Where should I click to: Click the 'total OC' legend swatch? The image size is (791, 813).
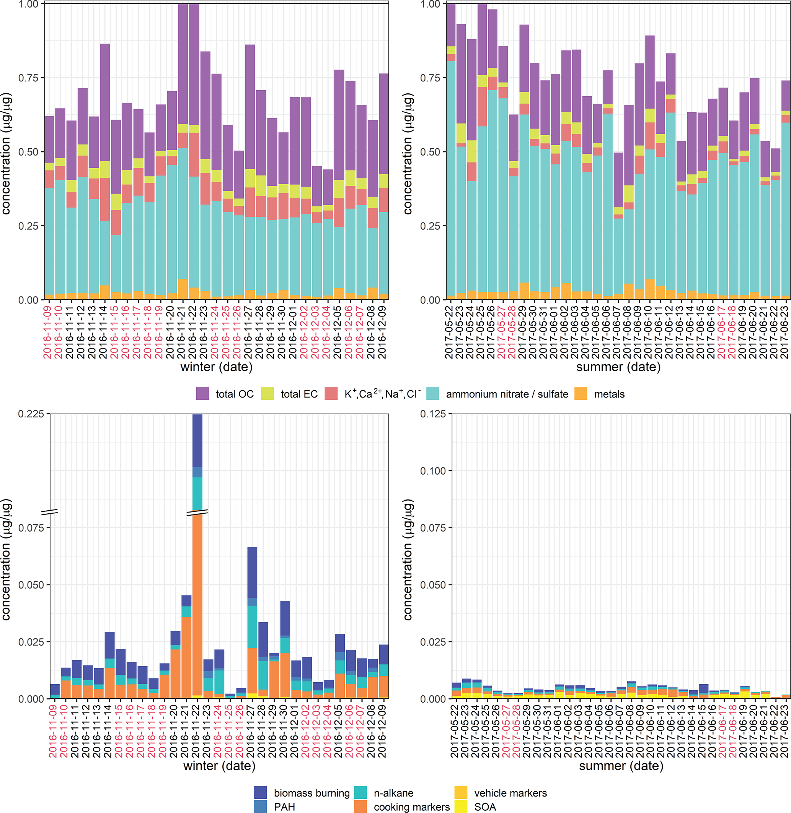coord(202,393)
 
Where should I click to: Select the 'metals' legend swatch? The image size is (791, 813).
coord(581,393)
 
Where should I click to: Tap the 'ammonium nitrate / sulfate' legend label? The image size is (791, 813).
coord(507,394)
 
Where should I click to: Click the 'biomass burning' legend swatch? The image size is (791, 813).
coord(261,792)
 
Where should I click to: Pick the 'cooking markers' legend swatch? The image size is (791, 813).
coord(360,807)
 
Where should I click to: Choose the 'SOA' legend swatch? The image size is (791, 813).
coord(461,807)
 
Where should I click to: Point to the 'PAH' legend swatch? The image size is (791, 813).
coord(261,807)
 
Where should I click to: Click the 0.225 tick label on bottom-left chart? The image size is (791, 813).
coord(31,414)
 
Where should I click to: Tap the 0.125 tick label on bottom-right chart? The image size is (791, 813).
coord(433,414)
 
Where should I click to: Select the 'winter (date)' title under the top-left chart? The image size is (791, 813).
coord(217,367)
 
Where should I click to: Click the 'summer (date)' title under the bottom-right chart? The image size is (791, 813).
coord(621,766)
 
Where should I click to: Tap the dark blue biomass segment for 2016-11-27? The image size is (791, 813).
coord(252,573)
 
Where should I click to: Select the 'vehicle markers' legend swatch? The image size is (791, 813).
coord(461,792)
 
